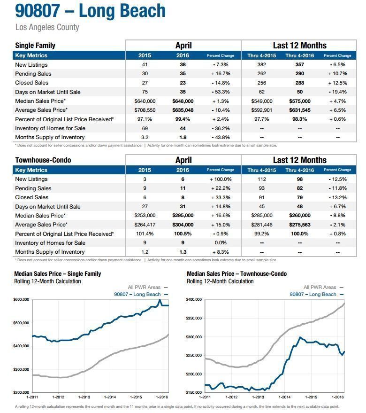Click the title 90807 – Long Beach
coord(90,11)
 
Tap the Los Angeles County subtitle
coord(47,27)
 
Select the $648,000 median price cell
coord(183,101)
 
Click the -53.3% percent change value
coord(221,92)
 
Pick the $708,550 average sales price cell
coord(145,110)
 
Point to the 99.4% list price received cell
coord(183,119)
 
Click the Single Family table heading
coord(35,46)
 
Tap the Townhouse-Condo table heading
coord(43,160)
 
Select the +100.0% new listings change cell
coord(221,179)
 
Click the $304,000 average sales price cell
coord(183,225)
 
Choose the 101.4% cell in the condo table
coord(145,234)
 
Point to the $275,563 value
coord(300,225)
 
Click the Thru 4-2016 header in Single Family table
coord(300,55)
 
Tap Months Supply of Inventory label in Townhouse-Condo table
coord(50,252)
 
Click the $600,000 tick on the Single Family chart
coord(21,299)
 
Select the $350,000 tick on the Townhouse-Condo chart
coord(194,318)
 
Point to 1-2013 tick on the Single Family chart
coord(84,397)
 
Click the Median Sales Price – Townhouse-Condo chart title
coord(236,274)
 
